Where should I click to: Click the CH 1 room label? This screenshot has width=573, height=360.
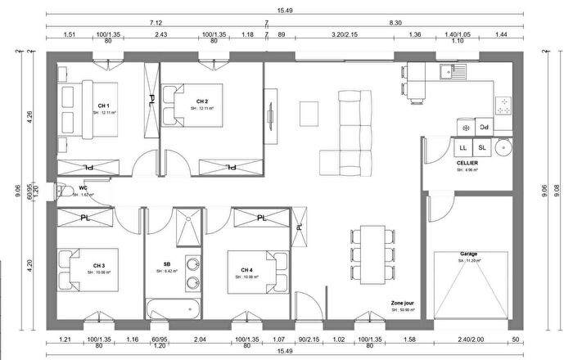tap(103, 106)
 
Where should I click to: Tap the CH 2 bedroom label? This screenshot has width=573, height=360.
tap(202, 101)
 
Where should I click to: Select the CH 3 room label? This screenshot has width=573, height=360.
tap(98, 265)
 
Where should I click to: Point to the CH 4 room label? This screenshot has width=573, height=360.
tap(247, 270)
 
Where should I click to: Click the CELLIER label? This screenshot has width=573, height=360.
tap(467, 164)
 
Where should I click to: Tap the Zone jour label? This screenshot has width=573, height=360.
tap(404, 302)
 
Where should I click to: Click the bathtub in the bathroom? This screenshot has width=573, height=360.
tap(174, 308)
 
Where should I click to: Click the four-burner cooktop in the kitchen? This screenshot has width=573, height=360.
tap(503, 104)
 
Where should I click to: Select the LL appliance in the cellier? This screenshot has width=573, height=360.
tap(463, 147)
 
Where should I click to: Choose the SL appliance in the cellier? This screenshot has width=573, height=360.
tap(482, 147)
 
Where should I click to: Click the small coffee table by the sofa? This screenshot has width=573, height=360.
tap(309, 110)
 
